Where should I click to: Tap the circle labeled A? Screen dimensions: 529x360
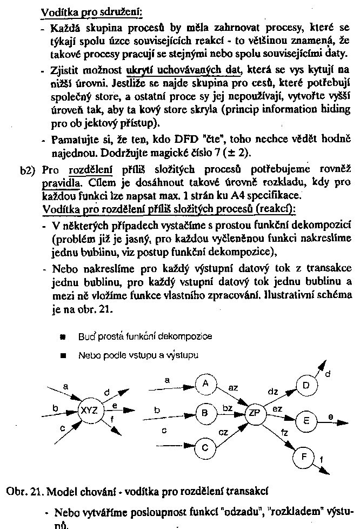pos(205,383)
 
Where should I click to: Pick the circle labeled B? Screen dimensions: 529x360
pos(205,413)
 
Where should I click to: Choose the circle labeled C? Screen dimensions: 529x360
pos(205,448)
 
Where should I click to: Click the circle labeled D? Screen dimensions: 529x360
pos(306,385)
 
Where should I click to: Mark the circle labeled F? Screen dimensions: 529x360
pos(304,458)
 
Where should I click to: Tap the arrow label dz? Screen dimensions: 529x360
pos(273,391)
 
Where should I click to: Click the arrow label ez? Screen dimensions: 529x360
pos(277,409)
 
